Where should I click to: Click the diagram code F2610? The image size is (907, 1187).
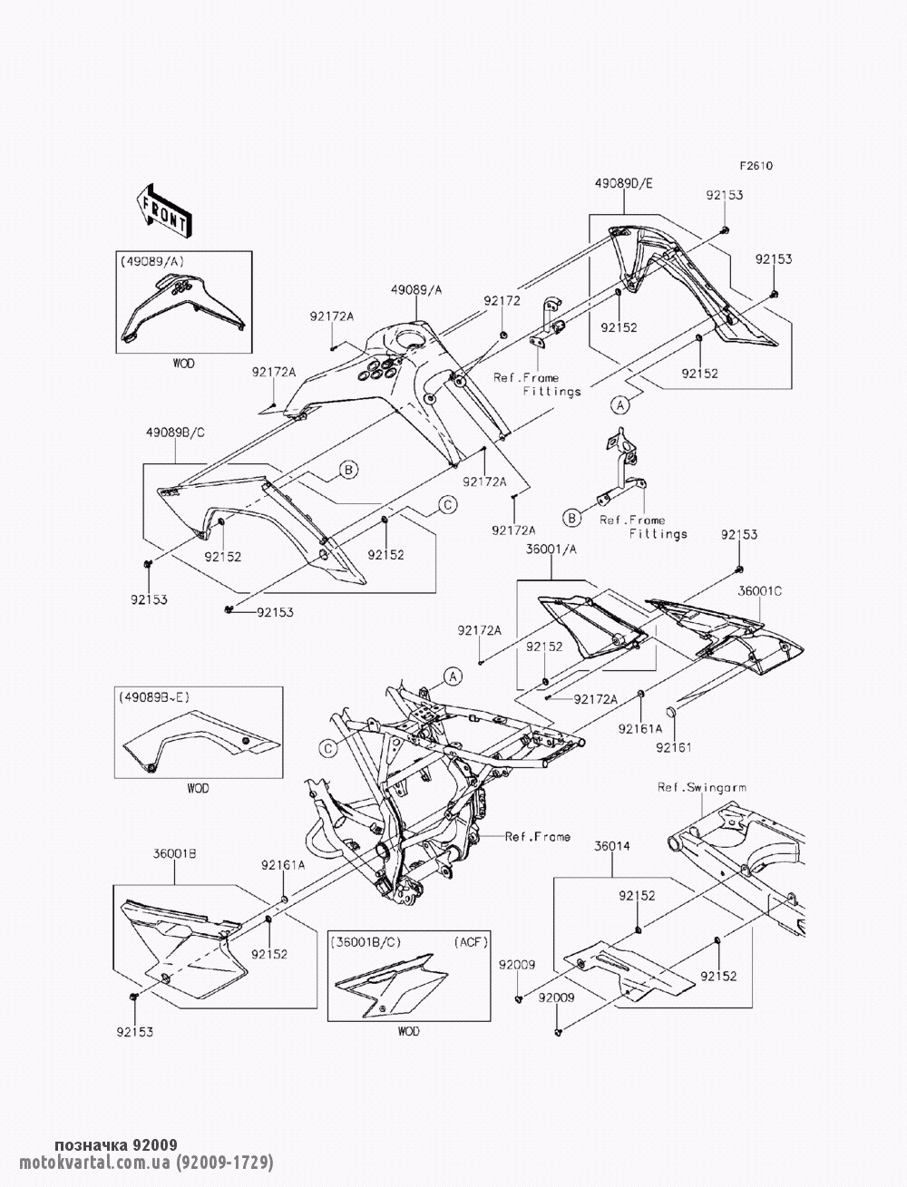tap(756, 167)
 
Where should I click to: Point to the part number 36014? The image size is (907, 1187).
tap(611, 845)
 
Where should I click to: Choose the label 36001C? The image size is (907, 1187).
tap(759, 590)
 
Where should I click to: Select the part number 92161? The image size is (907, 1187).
tap(673, 747)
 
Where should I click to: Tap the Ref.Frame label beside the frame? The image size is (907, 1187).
tap(538, 836)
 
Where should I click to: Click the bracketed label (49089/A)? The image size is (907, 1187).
tap(151, 260)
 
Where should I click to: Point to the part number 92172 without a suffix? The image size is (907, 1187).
tap(502, 301)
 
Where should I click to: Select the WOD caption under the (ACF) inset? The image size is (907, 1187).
tap(409, 1031)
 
